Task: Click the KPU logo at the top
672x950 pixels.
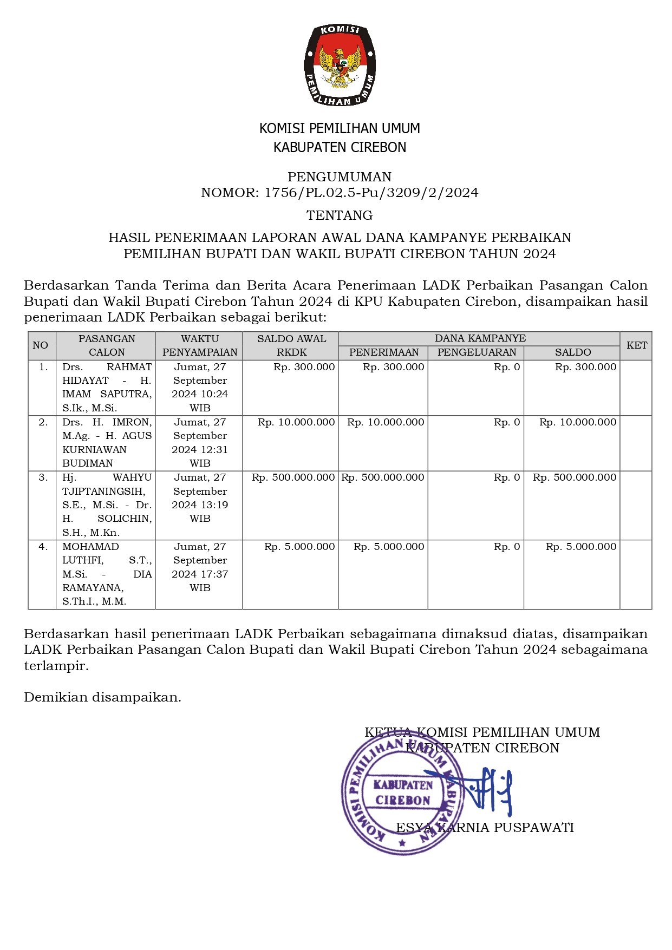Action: pyautogui.click(x=340, y=65)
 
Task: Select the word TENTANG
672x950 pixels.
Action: pyautogui.click(x=340, y=215)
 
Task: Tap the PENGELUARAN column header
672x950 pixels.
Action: pyautogui.click(x=477, y=352)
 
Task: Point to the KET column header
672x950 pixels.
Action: pyautogui.click(x=636, y=345)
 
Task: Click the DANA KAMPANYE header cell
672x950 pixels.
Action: pyautogui.click(x=480, y=338)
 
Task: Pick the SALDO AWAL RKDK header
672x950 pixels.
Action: pyautogui.click(x=291, y=345)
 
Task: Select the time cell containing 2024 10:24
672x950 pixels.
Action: pyautogui.click(x=200, y=388)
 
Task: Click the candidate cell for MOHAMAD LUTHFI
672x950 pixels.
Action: pyautogui.click(x=107, y=574)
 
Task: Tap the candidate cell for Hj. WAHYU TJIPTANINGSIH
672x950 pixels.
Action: pyautogui.click(x=107, y=505)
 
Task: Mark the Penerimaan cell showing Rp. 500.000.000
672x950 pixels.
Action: pyautogui.click(x=383, y=477)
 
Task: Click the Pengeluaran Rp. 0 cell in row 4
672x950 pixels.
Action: pyautogui.click(x=506, y=547)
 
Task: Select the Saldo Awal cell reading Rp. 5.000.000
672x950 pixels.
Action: pyautogui.click(x=299, y=547)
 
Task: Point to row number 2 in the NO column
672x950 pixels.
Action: pyautogui.click(x=43, y=422)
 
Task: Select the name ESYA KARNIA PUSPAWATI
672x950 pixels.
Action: pyautogui.click(x=485, y=828)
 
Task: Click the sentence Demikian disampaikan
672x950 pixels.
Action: pyautogui.click(x=102, y=697)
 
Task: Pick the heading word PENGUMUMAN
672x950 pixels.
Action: pyautogui.click(x=340, y=177)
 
